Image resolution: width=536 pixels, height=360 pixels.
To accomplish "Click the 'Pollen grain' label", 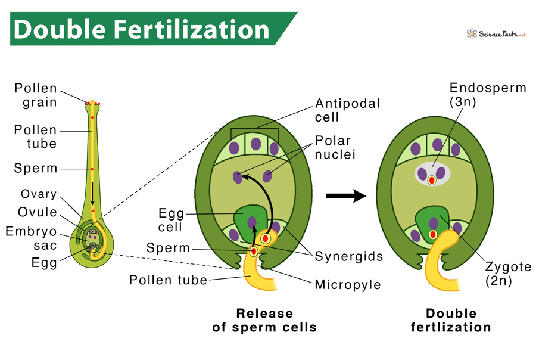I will pyautogui.click(x=36, y=95).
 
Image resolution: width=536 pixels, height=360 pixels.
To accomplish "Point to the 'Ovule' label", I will pyautogui.click(x=38, y=212).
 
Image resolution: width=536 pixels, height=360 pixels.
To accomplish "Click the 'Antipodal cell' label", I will pyautogui.click(x=348, y=111).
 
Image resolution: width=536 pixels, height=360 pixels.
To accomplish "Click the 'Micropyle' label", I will pyautogui.click(x=348, y=284).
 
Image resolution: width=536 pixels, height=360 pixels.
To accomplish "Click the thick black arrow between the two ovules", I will pyautogui.click(x=345, y=196).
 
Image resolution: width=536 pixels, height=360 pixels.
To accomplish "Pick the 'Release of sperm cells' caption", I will pyautogui.click(x=264, y=321).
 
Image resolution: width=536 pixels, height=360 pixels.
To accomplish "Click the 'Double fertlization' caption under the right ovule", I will pyautogui.click(x=451, y=321).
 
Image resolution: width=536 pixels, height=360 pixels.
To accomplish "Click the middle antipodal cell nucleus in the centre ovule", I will pyautogui.click(x=255, y=144).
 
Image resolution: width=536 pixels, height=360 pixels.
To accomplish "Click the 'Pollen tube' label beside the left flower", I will pyautogui.click(x=36, y=136).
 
